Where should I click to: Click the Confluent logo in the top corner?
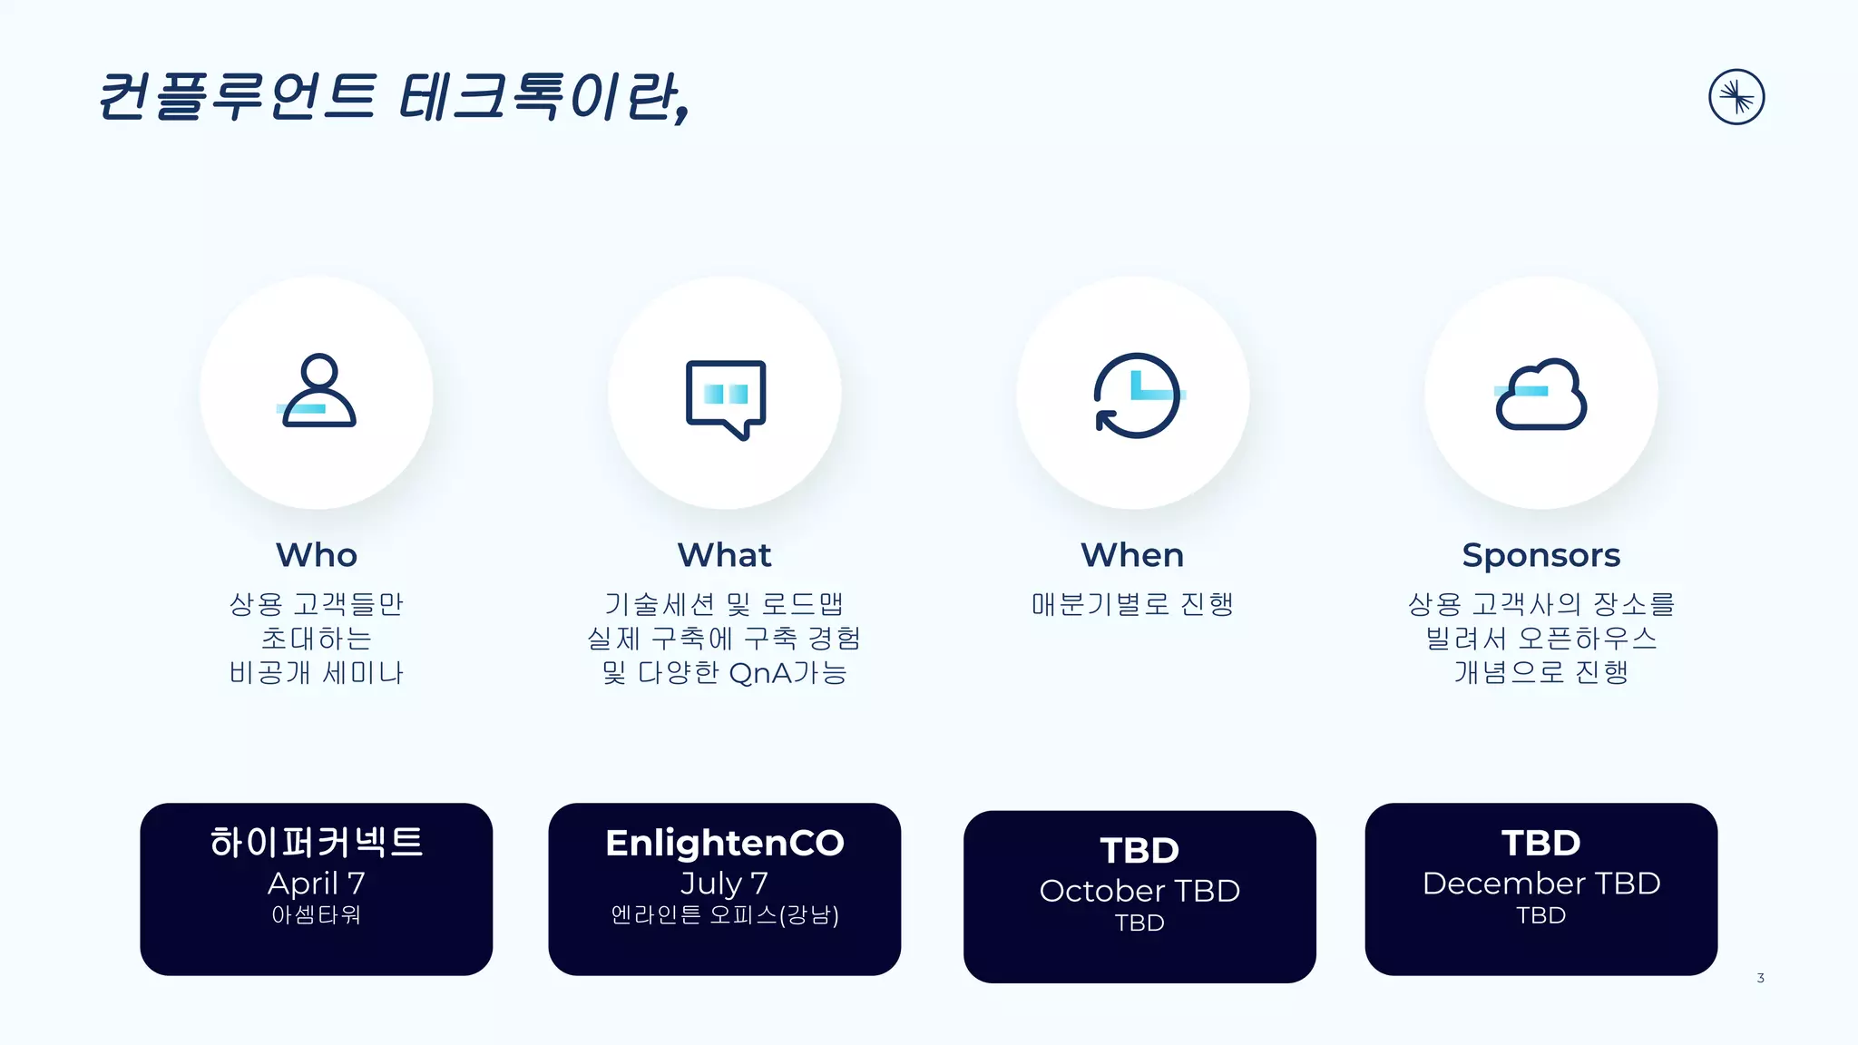[x=1736, y=96]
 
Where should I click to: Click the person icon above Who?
[x=317, y=391]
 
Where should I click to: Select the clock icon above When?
[x=1137, y=396]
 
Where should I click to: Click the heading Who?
[x=317, y=554]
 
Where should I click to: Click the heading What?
[x=724, y=554]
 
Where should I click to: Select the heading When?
[x=1132, y=554]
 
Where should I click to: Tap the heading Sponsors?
[x=1540, y=554]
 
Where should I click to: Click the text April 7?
[x=317, y=883]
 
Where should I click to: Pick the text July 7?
[x=724, y=883]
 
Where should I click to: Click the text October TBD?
[x=1139, y=890]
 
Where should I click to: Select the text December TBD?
[x=1540, y=883]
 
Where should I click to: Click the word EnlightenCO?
[x=724, y=843]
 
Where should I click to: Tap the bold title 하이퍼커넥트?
[x=317, y=842]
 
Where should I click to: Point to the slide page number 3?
[x=1760, y=978]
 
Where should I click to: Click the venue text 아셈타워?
[x=317, y=914]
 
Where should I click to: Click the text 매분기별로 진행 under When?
[x=1132, y=604]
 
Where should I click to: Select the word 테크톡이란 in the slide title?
[x=543, y=96]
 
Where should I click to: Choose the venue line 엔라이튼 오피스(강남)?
[x=724, y=914]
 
